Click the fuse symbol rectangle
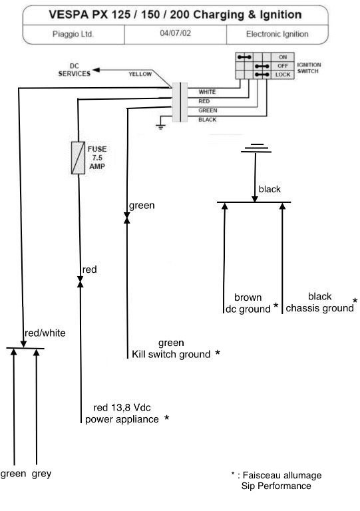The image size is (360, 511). pyautogui.click(x=78, y=158)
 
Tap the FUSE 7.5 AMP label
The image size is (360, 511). pyautogui.click(x=96, y=158)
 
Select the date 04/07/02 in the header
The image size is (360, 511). pyautogui.click(x=175, y=33)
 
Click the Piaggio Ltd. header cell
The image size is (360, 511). pyautogui.click(x=73, y=34)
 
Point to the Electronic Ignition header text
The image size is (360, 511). pyautogui.click(x=277, y=34)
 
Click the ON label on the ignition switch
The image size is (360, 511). pyautogui.click(x=283, y=57)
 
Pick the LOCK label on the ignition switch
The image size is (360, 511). pyautogui.click(x=283, y=75)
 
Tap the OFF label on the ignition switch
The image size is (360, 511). pyautogui.click(x=283, y=66)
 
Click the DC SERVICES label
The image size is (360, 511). pyautogui.click(x=75, y=70)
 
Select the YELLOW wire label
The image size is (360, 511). pyautogui.click(x=140, y=74)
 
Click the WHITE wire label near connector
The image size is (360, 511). pyautogui.click(x=207, y=92)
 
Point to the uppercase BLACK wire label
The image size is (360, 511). pyautogui.click(x=208, y=120)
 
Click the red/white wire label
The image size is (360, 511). pyautogui.click(x=45, y=333)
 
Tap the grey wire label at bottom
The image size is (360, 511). pyautogui.click(x=42, y=474)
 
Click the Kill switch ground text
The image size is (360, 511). pyautogui.click(x=171, y=354)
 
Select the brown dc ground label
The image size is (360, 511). pyautogui.click(x=248, y=303)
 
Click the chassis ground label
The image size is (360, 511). pyautogui.click(x=320, y=308)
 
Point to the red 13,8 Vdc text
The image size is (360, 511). pyautogui.click(x=122, y=407)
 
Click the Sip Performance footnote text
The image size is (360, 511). pyautogui.click(x=276, y=486)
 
